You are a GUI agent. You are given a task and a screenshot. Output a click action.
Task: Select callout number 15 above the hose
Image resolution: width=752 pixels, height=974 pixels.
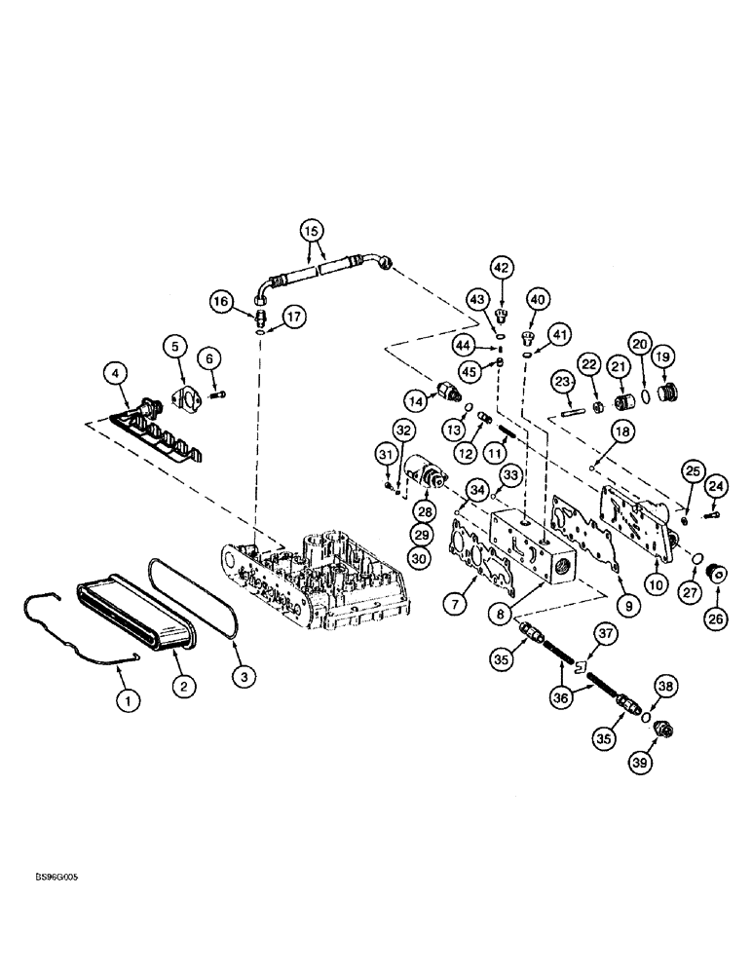tap(310, 232)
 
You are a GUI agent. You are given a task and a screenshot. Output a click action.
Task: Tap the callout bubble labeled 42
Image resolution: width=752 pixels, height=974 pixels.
tap(501, 266)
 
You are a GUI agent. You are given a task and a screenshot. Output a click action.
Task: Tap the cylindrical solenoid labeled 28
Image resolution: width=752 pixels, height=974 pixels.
tap(425, 477)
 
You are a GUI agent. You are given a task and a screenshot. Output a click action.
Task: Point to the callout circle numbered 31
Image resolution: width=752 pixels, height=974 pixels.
tap(387, 453)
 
